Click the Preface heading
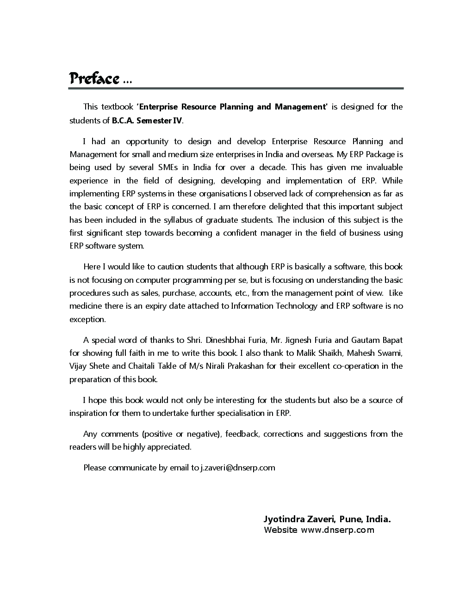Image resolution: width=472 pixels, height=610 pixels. (94, 79)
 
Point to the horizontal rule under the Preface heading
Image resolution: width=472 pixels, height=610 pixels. (236, 88)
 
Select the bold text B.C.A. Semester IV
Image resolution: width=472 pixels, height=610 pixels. (147, 121)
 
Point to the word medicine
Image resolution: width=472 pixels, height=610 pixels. (86, 306)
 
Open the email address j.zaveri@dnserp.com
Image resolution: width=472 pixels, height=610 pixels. (237, 468)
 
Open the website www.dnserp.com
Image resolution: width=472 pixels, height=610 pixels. (337, 530)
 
